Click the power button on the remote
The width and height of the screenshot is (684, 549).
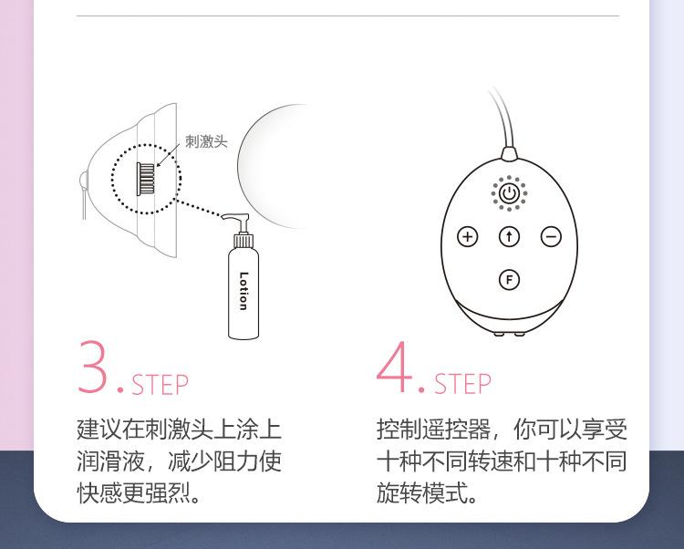509,193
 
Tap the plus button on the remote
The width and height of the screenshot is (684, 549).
467,237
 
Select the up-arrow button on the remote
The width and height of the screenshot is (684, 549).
509,237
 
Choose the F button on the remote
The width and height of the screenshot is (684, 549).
509,279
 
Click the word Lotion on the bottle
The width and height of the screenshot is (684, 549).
244,291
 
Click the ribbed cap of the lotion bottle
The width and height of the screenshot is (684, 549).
244,241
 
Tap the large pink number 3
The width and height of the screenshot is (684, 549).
92,367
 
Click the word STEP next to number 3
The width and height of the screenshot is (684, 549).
160,384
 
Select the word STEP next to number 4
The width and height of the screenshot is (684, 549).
462,384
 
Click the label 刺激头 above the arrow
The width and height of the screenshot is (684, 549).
206,141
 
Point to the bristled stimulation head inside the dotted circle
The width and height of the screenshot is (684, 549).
146,179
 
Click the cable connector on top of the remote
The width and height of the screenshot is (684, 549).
509,154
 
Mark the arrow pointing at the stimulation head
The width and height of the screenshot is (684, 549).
168,155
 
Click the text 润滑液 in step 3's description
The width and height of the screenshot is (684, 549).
110,461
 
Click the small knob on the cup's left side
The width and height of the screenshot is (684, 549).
83,180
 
